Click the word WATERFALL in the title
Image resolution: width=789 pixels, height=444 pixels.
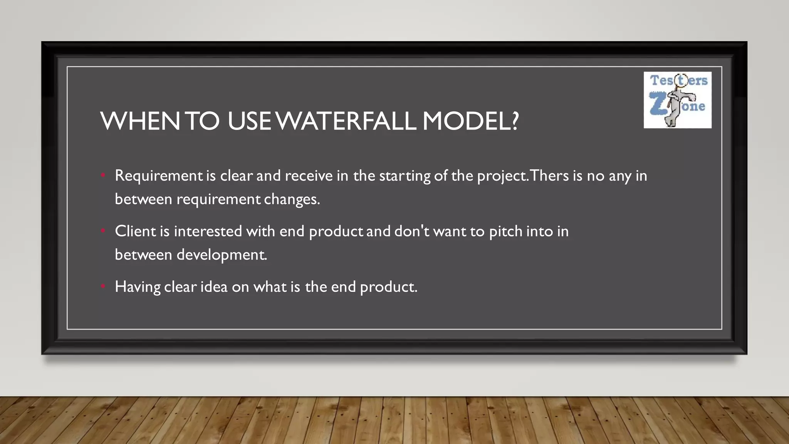click(x=347, y=121)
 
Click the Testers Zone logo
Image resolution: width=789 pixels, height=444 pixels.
click(x=677, y=100)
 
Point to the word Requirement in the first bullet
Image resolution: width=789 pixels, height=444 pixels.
click(x=159, y=176)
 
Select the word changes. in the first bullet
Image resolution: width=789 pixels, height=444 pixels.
click(x=292, y=200)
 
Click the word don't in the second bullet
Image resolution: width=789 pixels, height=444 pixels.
click(x=412, y=231)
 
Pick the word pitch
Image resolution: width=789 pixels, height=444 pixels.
click(x=505, y=232)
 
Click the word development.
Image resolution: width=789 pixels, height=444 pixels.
click(x=222, y=255)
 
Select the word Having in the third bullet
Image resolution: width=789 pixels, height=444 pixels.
click(x=138, y=287)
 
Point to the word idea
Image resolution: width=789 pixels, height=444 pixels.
click(x=214, y=287)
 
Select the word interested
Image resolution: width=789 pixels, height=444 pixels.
click(x=208, y=231)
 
